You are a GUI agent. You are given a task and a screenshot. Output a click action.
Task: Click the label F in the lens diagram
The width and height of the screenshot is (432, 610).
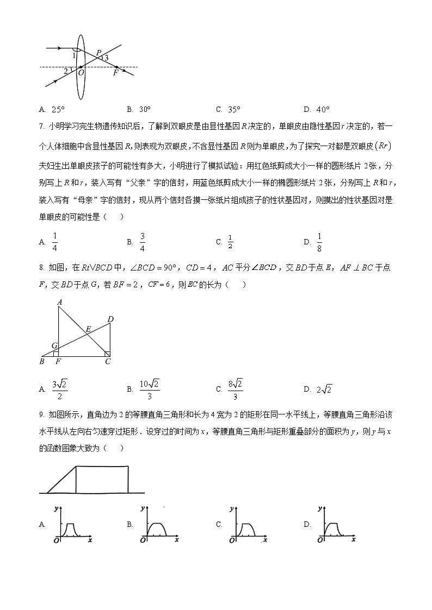(x=115, y=73)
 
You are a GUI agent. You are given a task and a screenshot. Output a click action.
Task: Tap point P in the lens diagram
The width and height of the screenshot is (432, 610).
(x=98, y=53)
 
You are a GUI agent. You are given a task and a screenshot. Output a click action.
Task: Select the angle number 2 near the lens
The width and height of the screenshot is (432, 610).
(x=66, y=71)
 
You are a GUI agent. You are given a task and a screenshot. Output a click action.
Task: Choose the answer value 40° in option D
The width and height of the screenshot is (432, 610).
(x=323, y=109)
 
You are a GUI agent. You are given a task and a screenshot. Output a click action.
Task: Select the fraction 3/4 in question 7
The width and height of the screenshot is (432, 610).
(x=143, y=242)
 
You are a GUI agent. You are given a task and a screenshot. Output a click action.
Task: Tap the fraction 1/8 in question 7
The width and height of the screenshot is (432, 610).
(x=320, y=242)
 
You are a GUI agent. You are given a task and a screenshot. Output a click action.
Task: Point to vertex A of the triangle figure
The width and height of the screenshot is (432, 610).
(x=58, y=303)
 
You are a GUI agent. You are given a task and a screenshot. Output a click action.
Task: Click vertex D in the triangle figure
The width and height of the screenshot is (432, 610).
(x=111, y=319)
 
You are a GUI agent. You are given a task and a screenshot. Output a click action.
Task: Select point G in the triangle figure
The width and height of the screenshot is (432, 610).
(x=54, y=345)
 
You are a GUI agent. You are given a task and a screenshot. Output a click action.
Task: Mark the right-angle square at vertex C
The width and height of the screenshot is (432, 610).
(x=107, y=354)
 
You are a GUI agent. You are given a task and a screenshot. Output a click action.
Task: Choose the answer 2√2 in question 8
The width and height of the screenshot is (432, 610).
(x=324, y=389)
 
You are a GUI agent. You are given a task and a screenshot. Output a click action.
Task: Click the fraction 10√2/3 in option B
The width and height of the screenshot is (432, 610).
(x=150, y=388)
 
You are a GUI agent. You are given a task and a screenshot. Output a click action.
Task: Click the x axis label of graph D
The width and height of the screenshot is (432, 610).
(x=353, y=540)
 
